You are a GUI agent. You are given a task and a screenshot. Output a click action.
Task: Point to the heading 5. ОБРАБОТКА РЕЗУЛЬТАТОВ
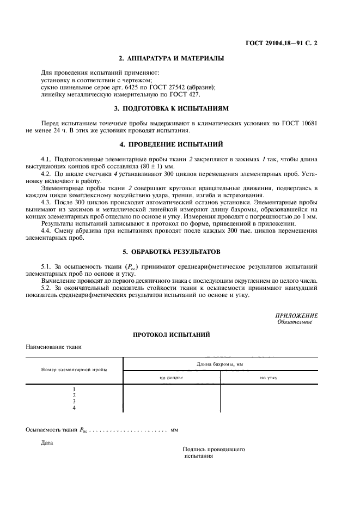click(172, 252)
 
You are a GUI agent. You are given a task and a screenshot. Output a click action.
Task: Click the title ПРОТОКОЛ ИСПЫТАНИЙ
click(172, 334)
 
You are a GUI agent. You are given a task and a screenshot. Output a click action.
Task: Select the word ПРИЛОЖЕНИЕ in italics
click(297, 315)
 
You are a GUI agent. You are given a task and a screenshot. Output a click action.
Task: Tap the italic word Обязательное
click(294, 321)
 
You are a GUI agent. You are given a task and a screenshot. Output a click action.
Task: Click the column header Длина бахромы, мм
click(219, 363)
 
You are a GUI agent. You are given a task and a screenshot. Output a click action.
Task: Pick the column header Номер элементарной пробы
click(74, 369)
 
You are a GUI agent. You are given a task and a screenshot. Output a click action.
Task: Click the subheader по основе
click(171, 377)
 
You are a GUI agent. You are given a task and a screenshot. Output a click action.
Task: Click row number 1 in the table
click(74, 389)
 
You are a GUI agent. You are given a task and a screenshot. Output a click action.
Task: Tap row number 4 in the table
click(74, 408)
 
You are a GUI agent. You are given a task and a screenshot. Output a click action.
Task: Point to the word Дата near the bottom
click(47, 442)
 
